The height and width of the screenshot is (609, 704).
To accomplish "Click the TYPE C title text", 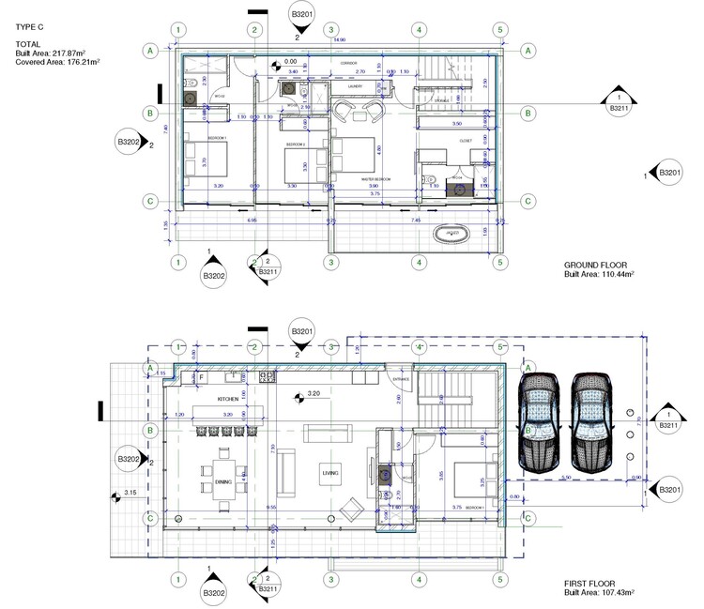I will point(29,28).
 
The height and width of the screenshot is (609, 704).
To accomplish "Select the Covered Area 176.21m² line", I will point(57,61).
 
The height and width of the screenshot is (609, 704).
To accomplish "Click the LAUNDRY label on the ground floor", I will point(355,86).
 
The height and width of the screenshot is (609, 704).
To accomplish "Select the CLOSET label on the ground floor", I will point(465,141).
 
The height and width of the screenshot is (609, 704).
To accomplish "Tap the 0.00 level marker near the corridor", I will point(289,63).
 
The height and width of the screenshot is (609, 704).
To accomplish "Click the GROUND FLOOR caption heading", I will point(595,265).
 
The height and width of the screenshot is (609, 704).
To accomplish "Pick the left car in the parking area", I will point(539,420).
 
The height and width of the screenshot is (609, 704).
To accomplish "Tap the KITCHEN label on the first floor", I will point(227,399).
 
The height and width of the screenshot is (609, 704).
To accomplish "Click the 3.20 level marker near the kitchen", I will point(310,395).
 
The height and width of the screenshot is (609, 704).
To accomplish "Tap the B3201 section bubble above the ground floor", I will point(303,16).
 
